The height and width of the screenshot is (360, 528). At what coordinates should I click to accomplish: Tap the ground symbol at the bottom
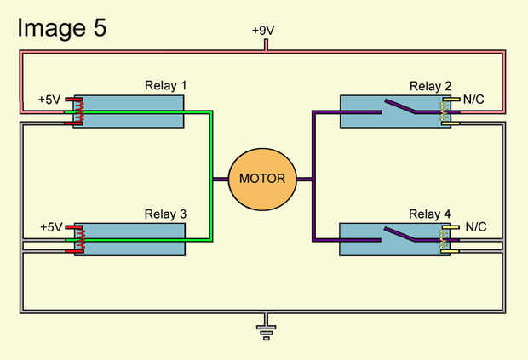pos(266,329)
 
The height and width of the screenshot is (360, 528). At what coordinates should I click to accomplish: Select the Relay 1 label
pos(165,86)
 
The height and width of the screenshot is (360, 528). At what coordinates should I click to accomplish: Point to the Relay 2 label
pos(430,86)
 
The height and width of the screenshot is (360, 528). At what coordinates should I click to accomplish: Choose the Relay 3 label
pos(165,214)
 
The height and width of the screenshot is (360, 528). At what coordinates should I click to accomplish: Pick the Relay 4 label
pos(430,214)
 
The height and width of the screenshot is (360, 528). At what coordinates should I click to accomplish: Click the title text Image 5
pos(61,27)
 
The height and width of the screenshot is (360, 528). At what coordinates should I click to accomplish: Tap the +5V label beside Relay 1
pos(50,99)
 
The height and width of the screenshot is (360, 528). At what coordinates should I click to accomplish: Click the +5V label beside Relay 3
pos(52,227)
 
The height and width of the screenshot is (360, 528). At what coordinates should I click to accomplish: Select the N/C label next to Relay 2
pos(474,99)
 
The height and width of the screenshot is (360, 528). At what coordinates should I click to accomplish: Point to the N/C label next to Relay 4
pos(475,227)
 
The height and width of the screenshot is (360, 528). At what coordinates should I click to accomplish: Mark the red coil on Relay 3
pos(81,239)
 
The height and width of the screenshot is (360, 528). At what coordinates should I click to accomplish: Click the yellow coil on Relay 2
pos(445,111)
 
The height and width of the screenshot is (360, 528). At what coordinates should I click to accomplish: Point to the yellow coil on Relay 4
pos(445,239)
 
